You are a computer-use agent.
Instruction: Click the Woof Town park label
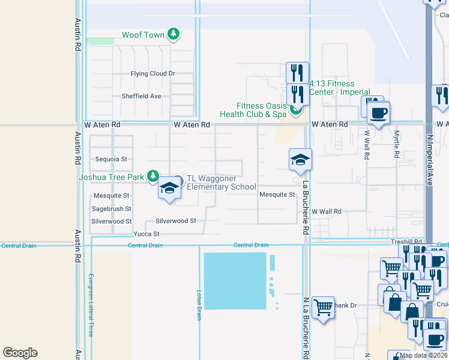[143, 35]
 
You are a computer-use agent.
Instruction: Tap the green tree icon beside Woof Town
[173, 34]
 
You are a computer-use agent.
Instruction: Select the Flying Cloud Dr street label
[152, 74]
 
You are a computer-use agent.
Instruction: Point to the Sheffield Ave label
[142, 96]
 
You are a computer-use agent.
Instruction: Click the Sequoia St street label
[112, 160]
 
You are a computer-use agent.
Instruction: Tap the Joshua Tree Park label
[111, 177]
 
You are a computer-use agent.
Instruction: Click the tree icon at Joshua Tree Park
[153, 176]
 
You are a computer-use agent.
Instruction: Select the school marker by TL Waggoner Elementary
[170, 188]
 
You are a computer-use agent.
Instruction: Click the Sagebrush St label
[111, 209]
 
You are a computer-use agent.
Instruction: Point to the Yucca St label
[146, 234]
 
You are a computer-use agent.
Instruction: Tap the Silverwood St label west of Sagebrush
[111, 221]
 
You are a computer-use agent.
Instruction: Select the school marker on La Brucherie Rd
[300, 160]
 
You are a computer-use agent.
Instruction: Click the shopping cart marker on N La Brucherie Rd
[323, 308]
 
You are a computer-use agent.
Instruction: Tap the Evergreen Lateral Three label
[91, 305]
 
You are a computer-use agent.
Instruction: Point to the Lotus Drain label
[199, 305]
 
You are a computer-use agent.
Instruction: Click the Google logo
[20, 353]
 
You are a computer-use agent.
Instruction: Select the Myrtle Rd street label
[396, 145]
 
